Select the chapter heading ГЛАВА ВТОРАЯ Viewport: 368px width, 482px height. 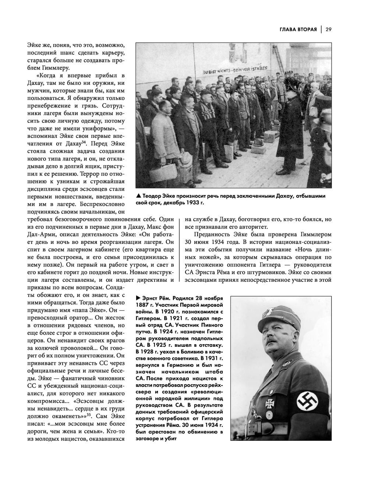(293, 29)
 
